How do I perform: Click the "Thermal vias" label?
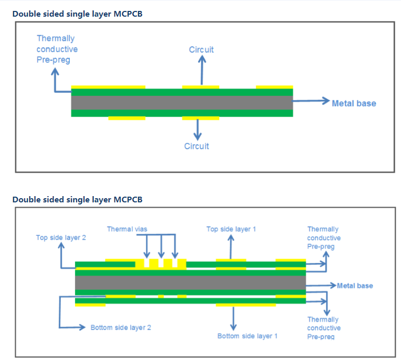tap(127, 229)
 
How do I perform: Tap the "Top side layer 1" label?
tap(231, 229)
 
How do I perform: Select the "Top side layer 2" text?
tap(61, 238)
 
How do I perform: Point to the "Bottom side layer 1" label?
tap(247, 336)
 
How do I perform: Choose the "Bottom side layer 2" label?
tap(121, 328)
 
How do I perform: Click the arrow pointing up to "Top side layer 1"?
tap(231, 247)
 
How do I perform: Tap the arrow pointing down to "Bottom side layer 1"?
tap(233, 318)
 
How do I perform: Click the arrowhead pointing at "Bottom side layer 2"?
tap(82, 327)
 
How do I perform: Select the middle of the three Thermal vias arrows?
tap(161, 246)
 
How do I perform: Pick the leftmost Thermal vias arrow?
tap(146, 246)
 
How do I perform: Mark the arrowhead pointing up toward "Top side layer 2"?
tap(61, 245)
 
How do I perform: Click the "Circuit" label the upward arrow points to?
tap(201, 49)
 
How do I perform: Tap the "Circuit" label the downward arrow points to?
tap(197, 146)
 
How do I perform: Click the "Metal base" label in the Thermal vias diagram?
tap(355, 286)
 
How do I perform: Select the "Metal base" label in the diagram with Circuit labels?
tap(354, 103)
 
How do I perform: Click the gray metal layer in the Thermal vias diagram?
tap(190, 282)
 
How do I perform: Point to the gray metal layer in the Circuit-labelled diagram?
tap(182, 102)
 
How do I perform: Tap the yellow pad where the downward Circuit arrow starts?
tap(200, 118)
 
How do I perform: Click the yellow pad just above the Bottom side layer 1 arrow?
tap(246, 305)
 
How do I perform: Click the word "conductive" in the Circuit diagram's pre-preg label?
tap(57, 49)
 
